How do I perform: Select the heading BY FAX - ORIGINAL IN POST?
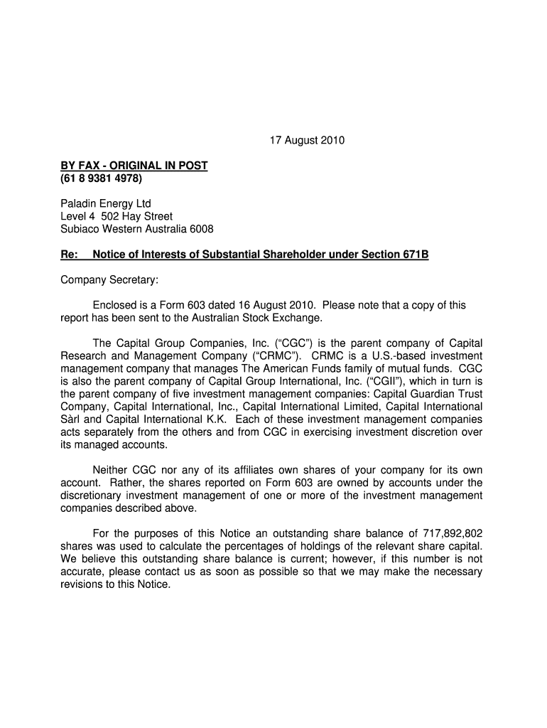coord(134,166)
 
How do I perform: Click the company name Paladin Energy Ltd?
coord(105,204)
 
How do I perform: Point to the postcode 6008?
coord(200,229)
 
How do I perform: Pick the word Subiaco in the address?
coord(78,229)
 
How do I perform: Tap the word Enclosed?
coord(116,306)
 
